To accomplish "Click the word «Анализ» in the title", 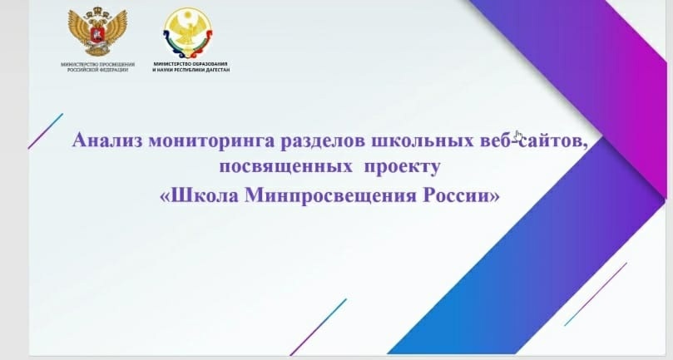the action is tap(106, 141).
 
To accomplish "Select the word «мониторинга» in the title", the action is tap(211, 141).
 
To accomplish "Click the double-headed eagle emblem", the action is tap(97, 32).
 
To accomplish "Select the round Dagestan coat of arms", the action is tap(187, 33).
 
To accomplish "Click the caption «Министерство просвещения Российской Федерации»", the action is tap(97, 67).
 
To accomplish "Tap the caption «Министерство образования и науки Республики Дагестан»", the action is tap(191, 67).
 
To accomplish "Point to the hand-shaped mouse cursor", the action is tap(519, 136).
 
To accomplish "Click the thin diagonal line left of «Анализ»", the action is tap(46, 131).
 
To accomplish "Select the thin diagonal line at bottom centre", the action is tap(318, 327).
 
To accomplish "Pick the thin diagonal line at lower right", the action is tap(596, 294).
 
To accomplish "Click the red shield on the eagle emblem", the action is tap(97, 34).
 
